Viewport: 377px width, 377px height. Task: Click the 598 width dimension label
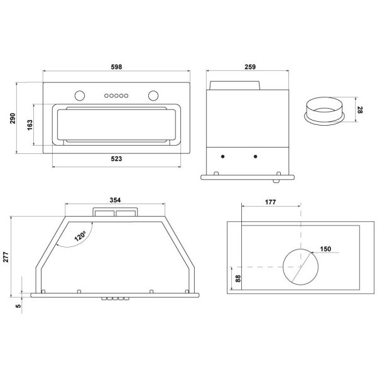point(116,67)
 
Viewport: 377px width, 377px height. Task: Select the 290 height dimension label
point(13,118)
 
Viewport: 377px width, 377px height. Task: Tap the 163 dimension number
point(30,125)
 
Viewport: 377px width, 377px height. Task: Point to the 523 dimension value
point(116,159)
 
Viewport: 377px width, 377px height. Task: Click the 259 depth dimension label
point(250,67)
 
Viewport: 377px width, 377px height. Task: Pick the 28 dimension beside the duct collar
point(359,110)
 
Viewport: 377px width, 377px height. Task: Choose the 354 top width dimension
point(115,200)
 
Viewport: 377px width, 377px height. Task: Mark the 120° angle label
point(80,236)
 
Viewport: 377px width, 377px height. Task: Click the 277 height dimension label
point(6,257)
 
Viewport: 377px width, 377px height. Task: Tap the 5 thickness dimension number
point(18,306)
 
